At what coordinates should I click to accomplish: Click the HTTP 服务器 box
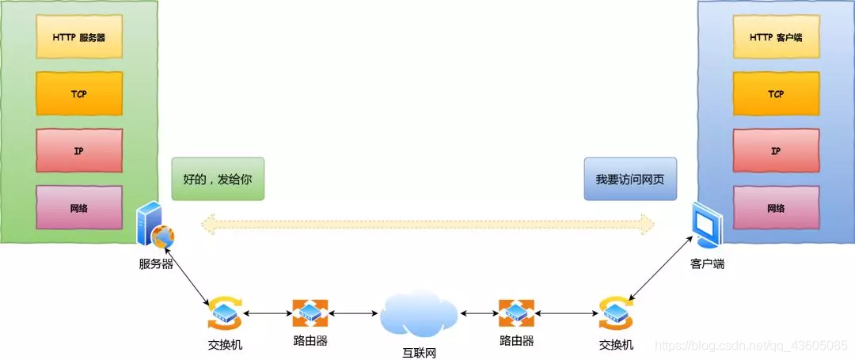[79, 36]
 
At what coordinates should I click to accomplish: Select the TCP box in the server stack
[79, 93]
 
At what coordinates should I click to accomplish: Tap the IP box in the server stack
[79, 150]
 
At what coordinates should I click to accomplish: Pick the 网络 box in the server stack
[79, 208]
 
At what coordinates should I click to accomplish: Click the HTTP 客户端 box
[776, 36]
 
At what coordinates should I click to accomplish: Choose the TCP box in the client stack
[776, 93]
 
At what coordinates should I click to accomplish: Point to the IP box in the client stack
[776, 150]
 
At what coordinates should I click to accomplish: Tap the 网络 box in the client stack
[776, 208]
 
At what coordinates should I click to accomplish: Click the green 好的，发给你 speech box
[217, 179]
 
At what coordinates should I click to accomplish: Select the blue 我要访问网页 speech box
[630, 179]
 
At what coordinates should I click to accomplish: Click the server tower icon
[154, 226]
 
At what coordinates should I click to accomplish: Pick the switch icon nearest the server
[226, 313]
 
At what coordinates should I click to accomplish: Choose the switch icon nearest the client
[616, 313]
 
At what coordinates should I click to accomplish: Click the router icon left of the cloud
[310, 313]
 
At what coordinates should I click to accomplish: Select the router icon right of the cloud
[516, 313]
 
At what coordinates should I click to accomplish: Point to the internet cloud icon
[420, 313]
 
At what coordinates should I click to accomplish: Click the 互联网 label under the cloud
[420, 351]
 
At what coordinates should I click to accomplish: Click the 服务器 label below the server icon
[157, 263]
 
